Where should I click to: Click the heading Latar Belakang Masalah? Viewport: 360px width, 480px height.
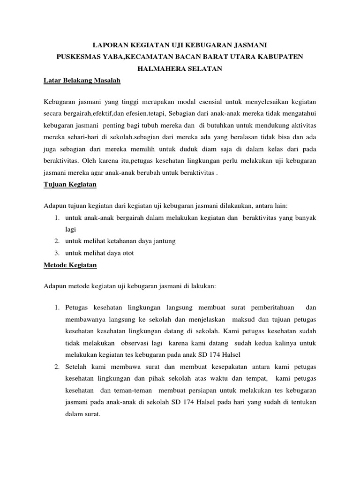click(x=82, y=81)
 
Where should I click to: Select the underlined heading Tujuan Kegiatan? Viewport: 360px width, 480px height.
click(x=70, y=184)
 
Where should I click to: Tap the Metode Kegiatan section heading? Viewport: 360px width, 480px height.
click(x=70, y=265)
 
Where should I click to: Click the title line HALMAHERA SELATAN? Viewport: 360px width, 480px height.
click(x=180, y=68)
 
